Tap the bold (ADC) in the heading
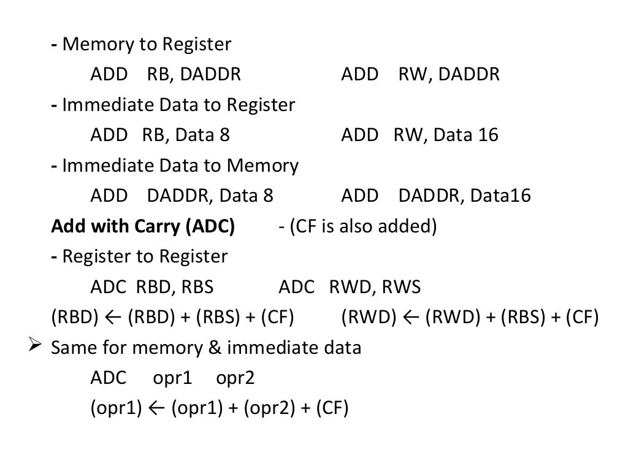[x=210, y=227]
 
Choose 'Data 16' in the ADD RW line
[x=465, y=135]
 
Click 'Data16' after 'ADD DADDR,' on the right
[x=500, y=196]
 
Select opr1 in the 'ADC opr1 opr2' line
[x=172, y=378]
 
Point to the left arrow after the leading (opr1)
[x=156, y=409]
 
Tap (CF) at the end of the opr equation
[x=332, y=409]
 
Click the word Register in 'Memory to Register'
[x=196, y=45]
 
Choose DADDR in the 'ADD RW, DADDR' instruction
[x=469, y=75]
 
